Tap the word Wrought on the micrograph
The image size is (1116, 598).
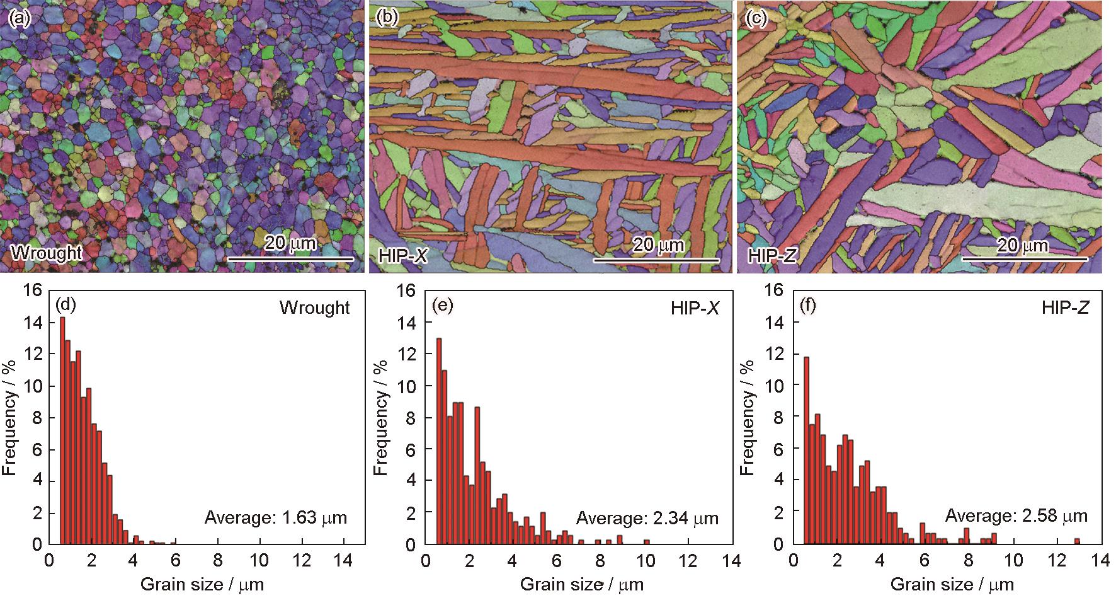pos(46,253)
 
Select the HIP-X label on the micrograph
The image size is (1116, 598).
pos(404,255)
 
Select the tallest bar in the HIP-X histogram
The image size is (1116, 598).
pos(438,441)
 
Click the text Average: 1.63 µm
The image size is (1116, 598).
pos(276,518)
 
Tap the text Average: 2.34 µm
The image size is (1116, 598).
pos(647,518)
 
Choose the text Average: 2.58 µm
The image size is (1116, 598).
pos(1016,516)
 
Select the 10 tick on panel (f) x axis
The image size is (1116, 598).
pos(1013,559)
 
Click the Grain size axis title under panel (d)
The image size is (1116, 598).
pos(202,584)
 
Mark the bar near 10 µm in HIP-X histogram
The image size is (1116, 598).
pos(646,541)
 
